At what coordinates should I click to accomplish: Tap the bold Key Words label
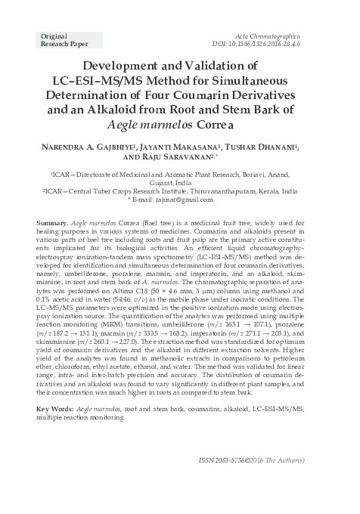click(55, 408)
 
